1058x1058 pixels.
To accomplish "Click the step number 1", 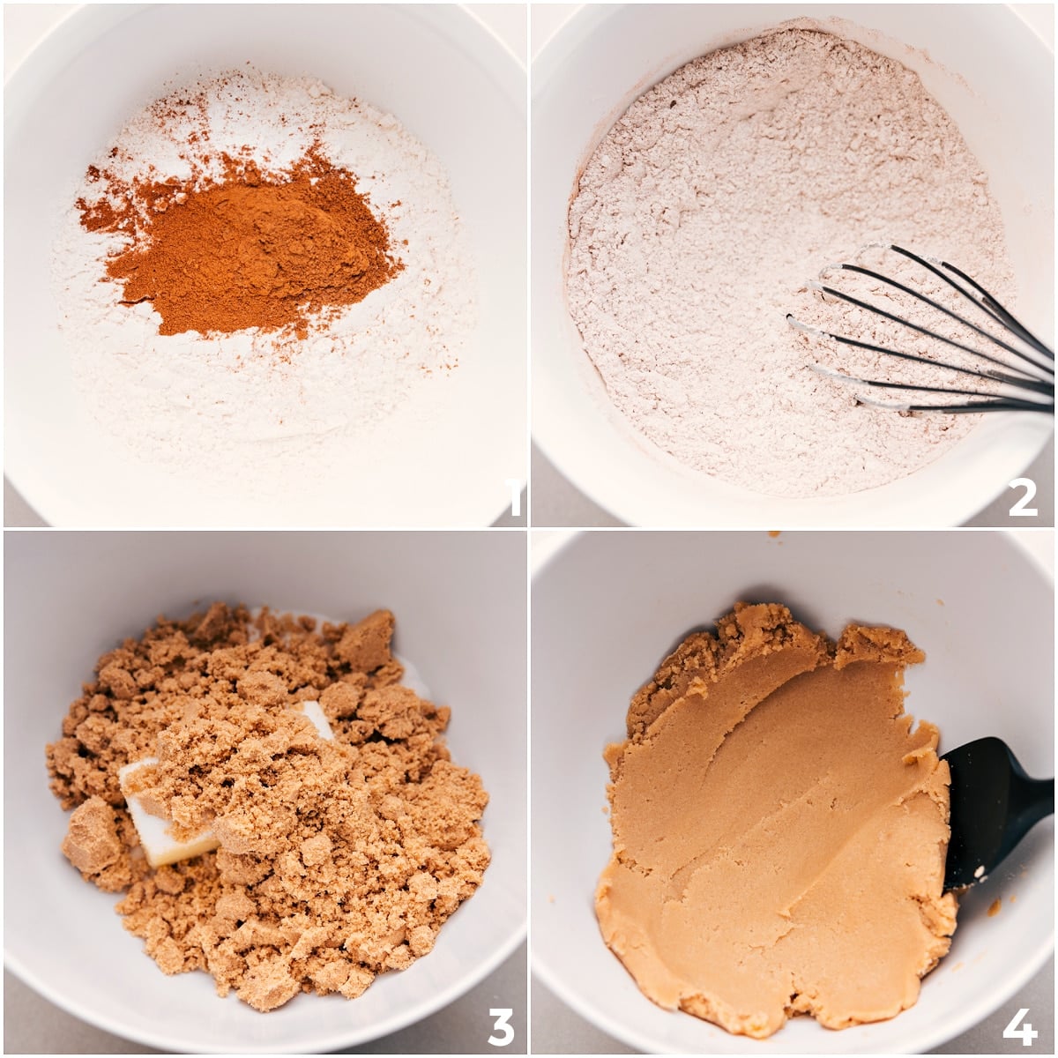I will (515, 500).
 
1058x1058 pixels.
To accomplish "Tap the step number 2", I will (1022, 498).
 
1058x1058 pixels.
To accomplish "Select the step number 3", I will (500, 1026).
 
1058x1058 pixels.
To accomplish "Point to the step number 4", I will (1019, 1026).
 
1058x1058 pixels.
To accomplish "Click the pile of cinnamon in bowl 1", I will (256, 247).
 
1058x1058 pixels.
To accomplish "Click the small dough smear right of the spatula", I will (994, 907).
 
